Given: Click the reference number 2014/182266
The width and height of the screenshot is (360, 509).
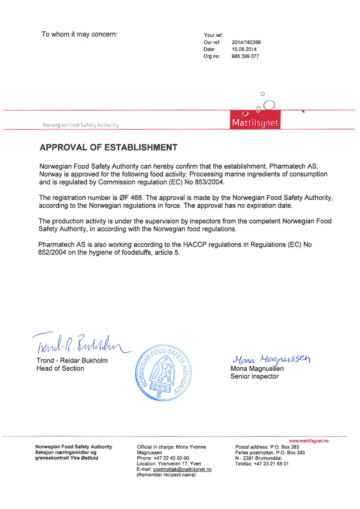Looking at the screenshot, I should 246,42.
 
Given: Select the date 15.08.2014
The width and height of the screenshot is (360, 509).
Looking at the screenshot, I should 244,49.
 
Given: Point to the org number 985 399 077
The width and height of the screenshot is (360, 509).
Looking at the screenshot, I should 245,56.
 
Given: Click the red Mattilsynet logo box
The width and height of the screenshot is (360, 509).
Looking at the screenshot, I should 255,120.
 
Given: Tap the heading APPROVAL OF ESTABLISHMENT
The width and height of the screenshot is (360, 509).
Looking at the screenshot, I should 108,148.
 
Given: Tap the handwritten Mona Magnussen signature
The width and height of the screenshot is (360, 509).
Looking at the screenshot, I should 271,359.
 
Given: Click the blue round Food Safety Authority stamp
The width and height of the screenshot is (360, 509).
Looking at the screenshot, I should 163,373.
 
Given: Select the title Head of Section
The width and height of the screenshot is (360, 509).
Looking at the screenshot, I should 60,368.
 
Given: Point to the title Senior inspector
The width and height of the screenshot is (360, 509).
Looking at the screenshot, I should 254,377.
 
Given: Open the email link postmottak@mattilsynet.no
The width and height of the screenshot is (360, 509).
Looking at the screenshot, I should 182,469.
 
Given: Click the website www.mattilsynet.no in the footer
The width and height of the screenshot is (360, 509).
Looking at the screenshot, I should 309,441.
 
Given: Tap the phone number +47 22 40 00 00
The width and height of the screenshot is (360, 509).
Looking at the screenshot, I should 171,458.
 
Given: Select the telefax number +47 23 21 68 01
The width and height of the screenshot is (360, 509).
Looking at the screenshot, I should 271,464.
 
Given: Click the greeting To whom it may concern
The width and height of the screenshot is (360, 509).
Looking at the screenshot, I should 79,34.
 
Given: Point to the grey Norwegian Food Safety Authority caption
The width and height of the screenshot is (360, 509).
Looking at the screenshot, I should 81,125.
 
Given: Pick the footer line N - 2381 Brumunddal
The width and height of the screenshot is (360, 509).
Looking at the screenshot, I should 258,458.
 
